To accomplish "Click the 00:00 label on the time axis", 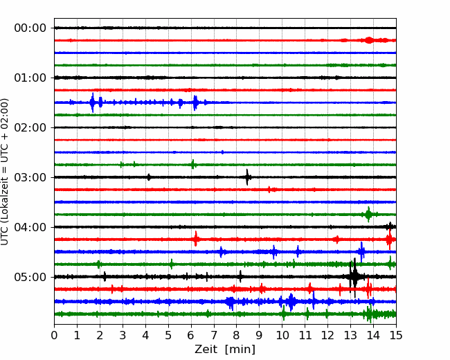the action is pyautogui.click(x=30, y=28).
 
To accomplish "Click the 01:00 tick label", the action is pyautogui.click(x=30, y=78).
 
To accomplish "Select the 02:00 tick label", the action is pyautogui.click(x=30, y=128).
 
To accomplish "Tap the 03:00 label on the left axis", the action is pyautogui.click(x=30, y=177).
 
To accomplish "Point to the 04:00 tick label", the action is pyautogui.click(x=30, y=227).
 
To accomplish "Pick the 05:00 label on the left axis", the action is pyautogui.click(x=30, y=277).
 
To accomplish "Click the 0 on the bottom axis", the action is pyautogui.click(x=54, y=335).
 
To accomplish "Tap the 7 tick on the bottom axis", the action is pyautogui.click(x=214, y=335).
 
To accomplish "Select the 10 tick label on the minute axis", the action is pyautogui.click(x=282, y=335).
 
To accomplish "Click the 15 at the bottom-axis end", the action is pyautogui.click(x=396, y=335).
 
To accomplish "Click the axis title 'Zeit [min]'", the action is pyautogui.click(x=225, y=350).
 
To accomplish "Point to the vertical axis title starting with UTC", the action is pyautogui.click(x=4, y=172).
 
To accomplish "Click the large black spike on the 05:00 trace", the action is pyautogui.click(x=354, y=277).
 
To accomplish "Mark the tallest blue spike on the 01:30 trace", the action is pyautogui.click(x=92, y=102).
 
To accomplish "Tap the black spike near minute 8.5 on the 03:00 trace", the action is pyautogui.click(x=247, y=177).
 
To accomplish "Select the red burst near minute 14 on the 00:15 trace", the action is pyautogui.click(x=370, y=40).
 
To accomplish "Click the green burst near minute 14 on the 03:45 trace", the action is pyautogui.click(x=368, y=215).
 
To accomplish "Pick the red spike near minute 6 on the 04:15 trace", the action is pyautogui.click(x=196, y=239).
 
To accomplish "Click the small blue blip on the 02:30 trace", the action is pyautogui.click(x=222, y=152).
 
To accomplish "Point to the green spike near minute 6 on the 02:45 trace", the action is pyautogui.click(x=193, y=165).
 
